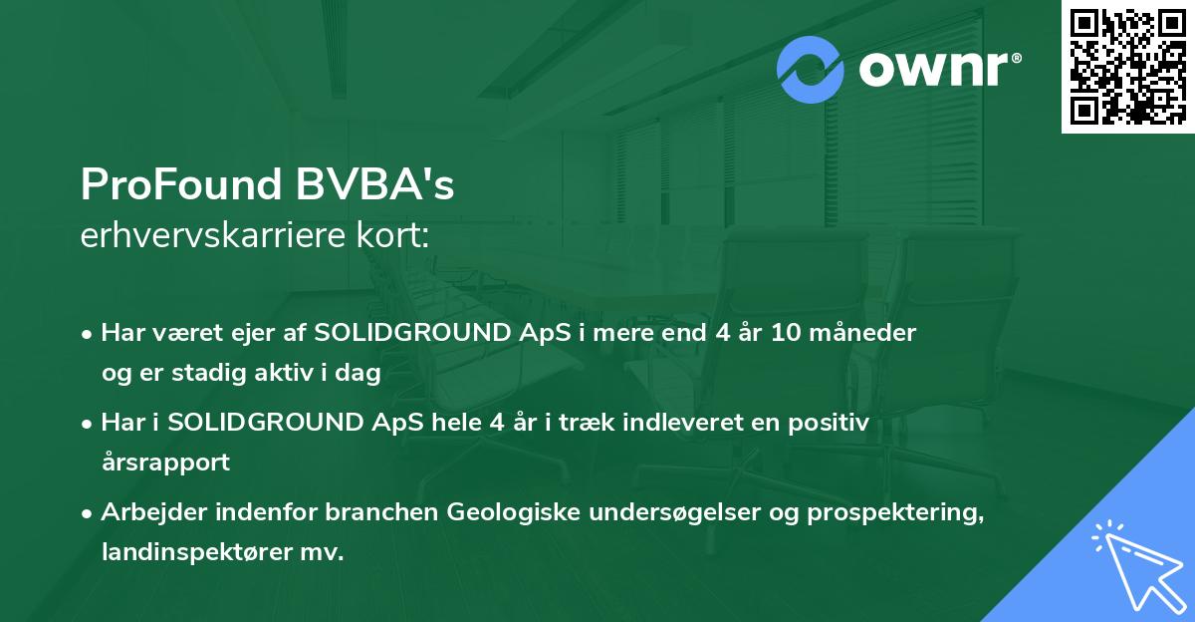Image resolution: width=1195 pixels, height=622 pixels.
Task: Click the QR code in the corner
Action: click(x=1127, y=67)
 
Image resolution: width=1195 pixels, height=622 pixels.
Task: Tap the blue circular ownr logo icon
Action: click(x=811, y=70)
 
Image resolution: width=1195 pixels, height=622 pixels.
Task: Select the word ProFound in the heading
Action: click(x=178, y=184)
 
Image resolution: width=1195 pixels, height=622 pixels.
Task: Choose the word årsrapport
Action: click(x=165, y=462)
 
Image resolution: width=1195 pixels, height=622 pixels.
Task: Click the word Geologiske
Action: click(x=509, y=512)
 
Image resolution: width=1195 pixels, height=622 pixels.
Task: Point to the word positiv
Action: click(x=835, y=423)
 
